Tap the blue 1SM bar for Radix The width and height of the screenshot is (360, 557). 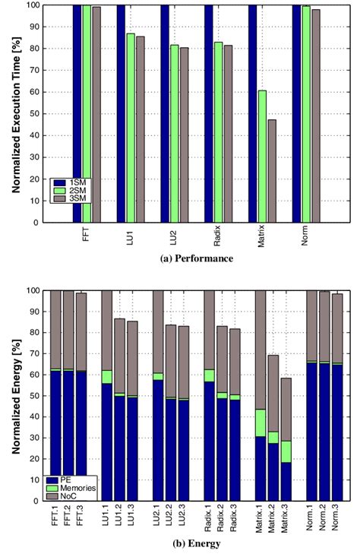click(209, 114)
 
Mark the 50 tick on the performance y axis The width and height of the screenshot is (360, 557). click(35, 114)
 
